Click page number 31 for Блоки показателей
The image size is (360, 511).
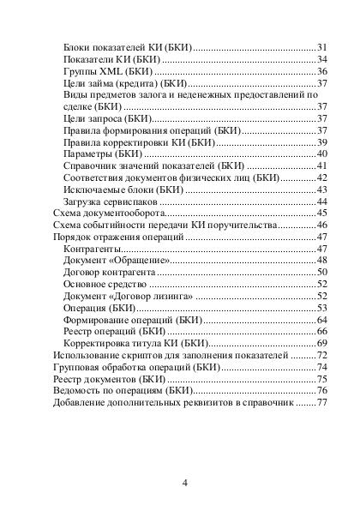323,45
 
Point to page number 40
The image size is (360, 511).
323,153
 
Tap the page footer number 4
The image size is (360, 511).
185,482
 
